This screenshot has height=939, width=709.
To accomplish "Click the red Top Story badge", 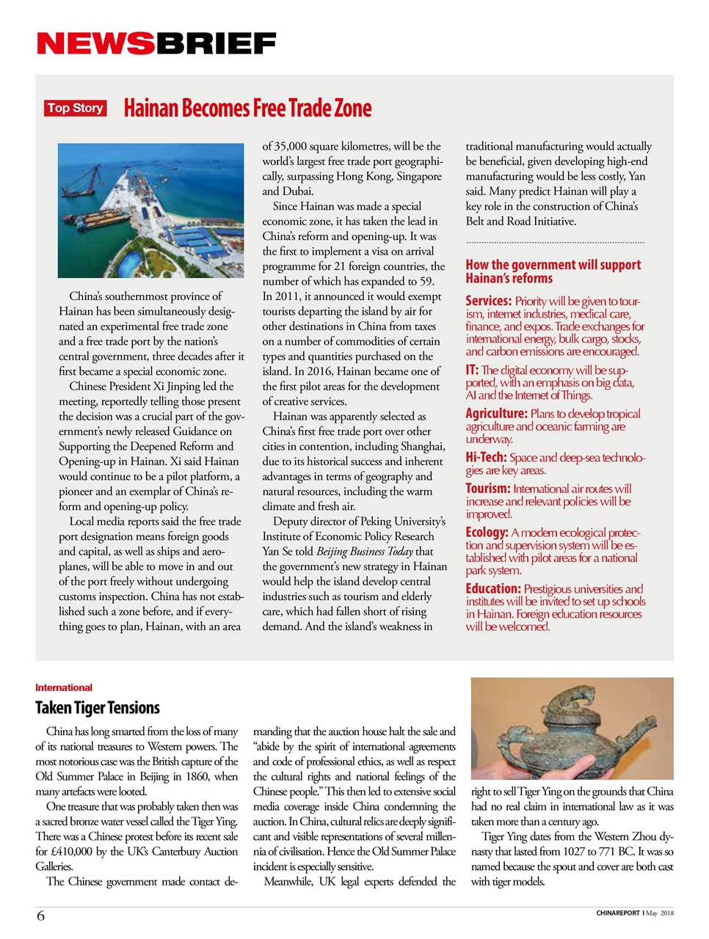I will (x=75, y=109).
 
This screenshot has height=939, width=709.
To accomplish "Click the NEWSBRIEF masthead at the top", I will (x=156, y=44).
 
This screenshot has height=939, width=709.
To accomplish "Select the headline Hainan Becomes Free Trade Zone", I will (x=247, y=109).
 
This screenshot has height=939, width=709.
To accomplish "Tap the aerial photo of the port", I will (x=150, y=210).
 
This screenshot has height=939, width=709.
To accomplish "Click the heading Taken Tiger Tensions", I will (x=97, y=708).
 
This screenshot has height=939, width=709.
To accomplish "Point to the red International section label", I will (x=64, y=687).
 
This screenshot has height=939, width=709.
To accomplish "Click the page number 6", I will (x=40, y=915).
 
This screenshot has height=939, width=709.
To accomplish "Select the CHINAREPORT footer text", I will (x=617, y=913).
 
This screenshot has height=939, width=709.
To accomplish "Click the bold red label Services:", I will (x=488, y=301).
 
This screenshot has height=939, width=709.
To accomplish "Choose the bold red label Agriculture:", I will (x=496, y=414).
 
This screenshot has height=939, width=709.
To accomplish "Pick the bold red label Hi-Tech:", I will (x=486, y=457).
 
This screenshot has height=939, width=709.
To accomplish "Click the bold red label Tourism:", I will (x=487, y=489).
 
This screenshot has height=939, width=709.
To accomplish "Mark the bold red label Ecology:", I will (x=487, y=533).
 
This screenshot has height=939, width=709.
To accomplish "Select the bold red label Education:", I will (x=493, y=588).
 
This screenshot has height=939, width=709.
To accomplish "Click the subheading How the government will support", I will (x=553, y=265).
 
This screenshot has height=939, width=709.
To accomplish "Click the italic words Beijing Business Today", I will (x=364, y=551).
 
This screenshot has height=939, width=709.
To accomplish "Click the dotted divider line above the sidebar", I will (x=554, y=242).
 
